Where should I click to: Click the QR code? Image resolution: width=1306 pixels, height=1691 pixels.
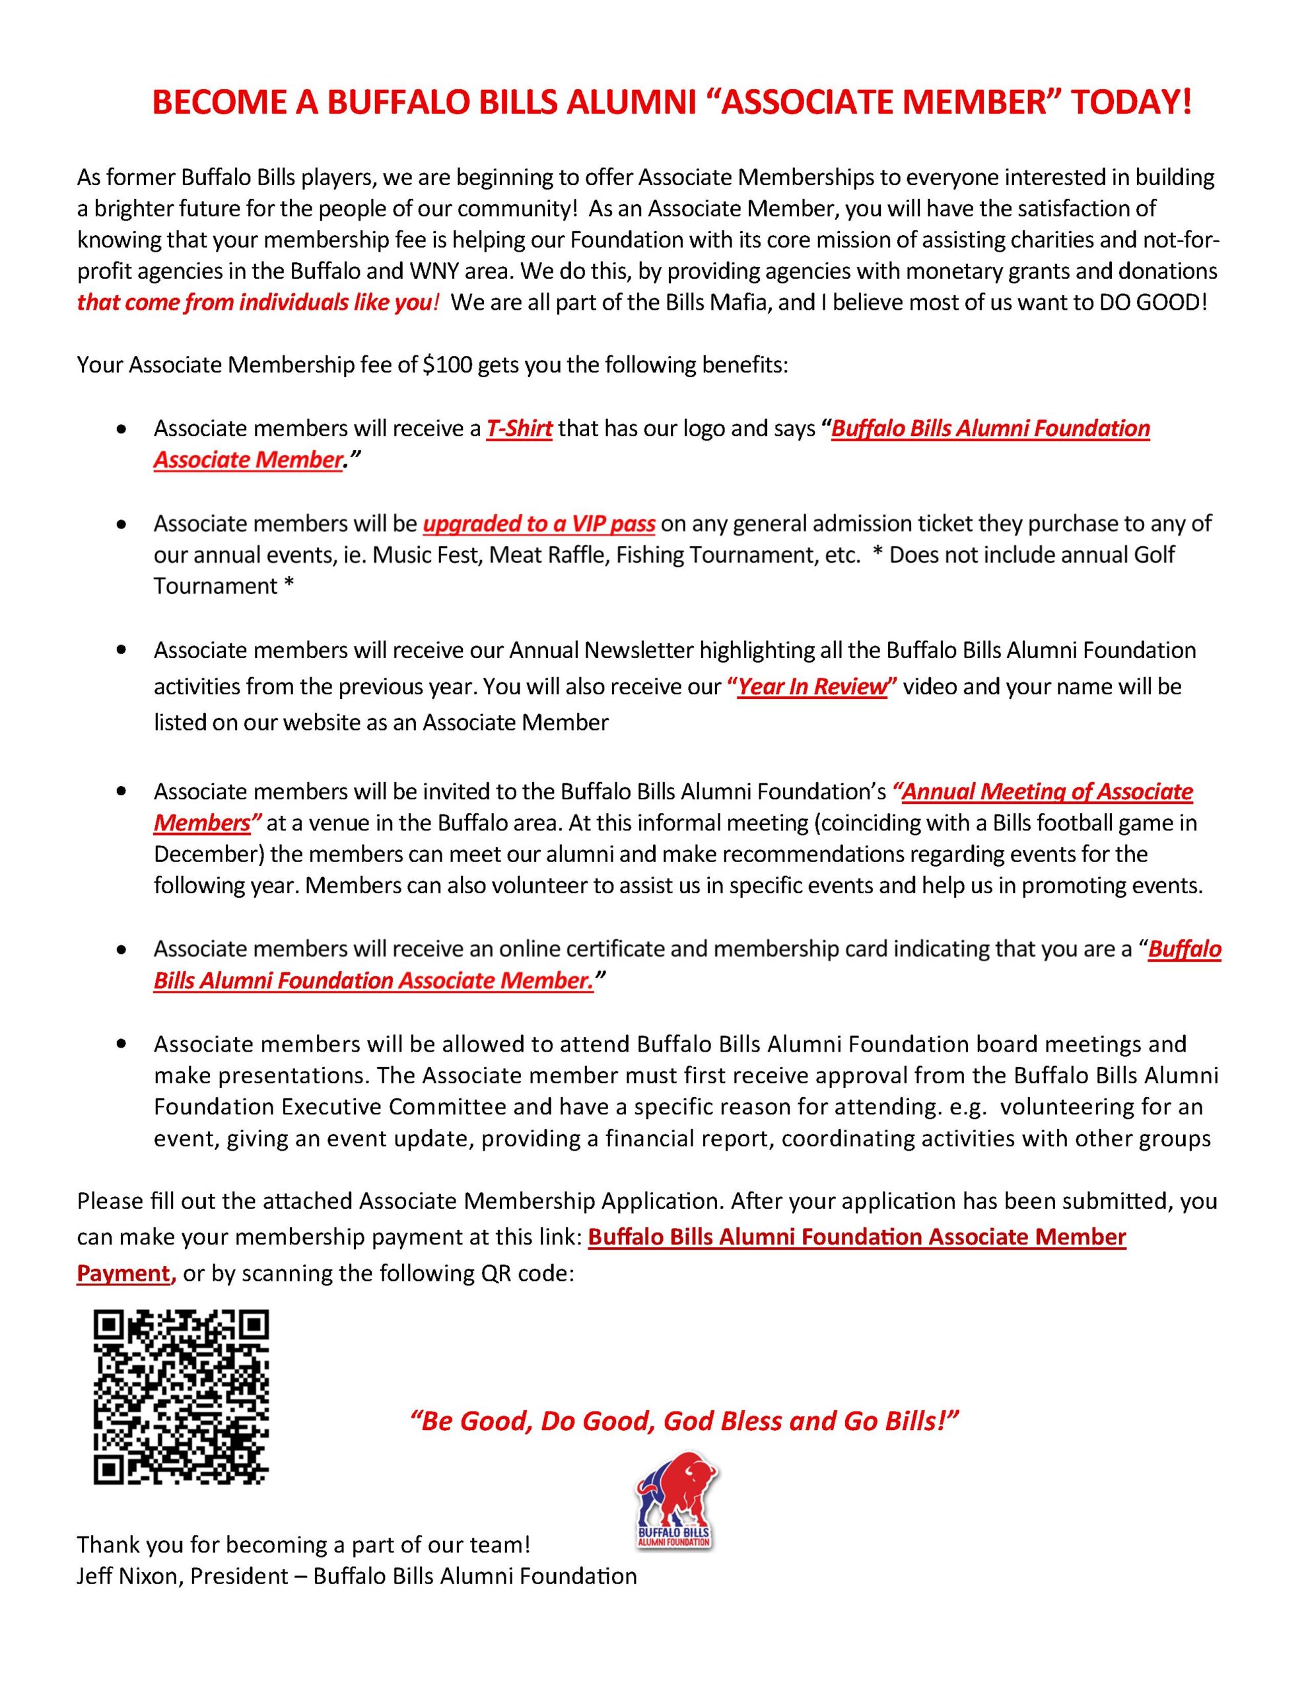click(181, 1397)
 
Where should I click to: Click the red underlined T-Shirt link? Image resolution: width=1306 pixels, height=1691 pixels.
click(519, 428)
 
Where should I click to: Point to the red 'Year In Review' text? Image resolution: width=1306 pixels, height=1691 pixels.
click(811, 687)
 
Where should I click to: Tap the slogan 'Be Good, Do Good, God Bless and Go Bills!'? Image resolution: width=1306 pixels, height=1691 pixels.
click(683, 1421)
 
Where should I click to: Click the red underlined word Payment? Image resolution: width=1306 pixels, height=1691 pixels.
click(124, 1273)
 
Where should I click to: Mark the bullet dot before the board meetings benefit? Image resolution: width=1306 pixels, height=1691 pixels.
click(120, 1044)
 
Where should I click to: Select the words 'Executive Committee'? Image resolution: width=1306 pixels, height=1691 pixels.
click(394, 1107)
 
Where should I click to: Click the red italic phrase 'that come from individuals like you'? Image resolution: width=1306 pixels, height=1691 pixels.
click(253, 302)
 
